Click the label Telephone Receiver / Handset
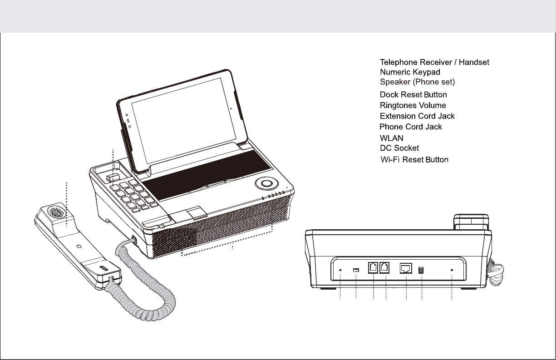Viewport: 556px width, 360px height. point(434,62)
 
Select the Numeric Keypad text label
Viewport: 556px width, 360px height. point(410,72)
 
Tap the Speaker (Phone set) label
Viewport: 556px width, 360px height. point(417,83)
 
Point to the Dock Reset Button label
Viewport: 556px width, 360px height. point(413,95)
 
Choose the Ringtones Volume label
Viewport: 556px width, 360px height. point(413,105)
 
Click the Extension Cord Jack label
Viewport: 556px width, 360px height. point(417,116)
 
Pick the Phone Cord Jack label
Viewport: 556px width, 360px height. point(411,127)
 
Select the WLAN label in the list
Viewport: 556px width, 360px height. point(391,138)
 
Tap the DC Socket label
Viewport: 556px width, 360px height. point(399,148)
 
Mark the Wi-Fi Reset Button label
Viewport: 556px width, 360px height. point(414,160)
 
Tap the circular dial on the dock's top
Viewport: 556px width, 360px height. point(265,183)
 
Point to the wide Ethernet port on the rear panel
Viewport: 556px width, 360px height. point(405,268)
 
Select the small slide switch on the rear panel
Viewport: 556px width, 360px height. point(356,270)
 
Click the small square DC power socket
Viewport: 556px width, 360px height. point(421,270)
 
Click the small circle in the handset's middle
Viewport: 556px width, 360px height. point(79,246)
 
